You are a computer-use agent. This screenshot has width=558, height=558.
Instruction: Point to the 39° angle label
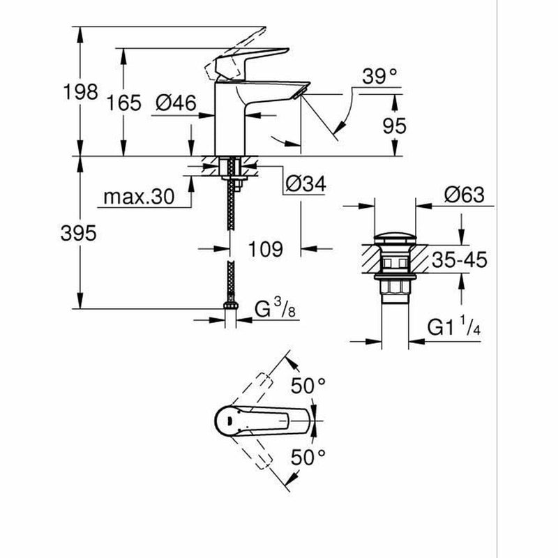(383, 77)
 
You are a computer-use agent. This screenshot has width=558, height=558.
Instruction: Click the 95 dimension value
(394, 125)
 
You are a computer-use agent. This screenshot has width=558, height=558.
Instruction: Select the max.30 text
(138, 197)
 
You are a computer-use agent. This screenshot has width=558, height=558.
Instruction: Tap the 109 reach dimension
(266, 248)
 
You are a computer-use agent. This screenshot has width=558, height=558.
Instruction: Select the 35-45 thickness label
(458, 261)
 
